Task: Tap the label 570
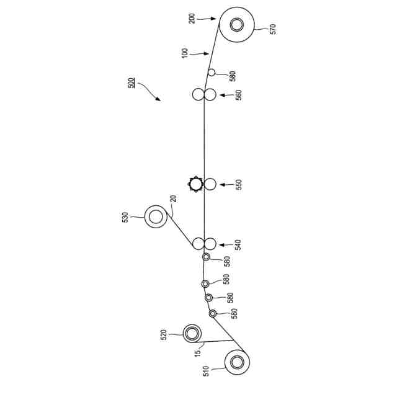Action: click(x=273, y=29)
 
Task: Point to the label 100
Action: click(x=185, y=53)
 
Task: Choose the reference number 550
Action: click(x=238, y=184)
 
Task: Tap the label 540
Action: click(x=238, y=244)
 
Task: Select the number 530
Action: click(x=125, y=216)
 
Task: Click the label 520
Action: click(x=164, y=334)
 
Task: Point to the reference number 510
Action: click(x=207, y=372)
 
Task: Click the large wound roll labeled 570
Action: click(x=236, y=25)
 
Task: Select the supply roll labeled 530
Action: click(x=156, y=216)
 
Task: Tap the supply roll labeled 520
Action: click(x=193, y=334)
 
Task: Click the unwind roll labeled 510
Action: click(x=236, y=362)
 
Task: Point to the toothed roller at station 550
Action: click(x=197, y=184)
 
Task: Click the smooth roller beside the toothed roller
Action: click(x=210, y=184)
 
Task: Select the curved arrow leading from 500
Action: click(x=149, y=91)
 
